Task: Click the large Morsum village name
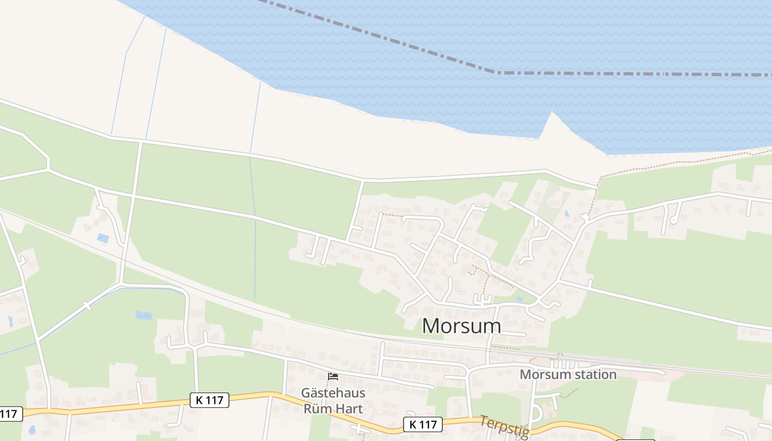462,326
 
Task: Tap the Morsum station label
568,374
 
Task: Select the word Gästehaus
333,393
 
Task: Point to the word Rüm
318,408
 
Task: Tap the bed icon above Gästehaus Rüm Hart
333,377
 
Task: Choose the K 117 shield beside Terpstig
423,424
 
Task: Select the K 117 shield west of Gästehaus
210,400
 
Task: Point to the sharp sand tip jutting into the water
551,113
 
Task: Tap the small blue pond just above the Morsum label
519,299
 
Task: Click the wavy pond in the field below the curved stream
143,315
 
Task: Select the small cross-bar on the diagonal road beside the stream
87,305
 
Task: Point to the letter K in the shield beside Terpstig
413,424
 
